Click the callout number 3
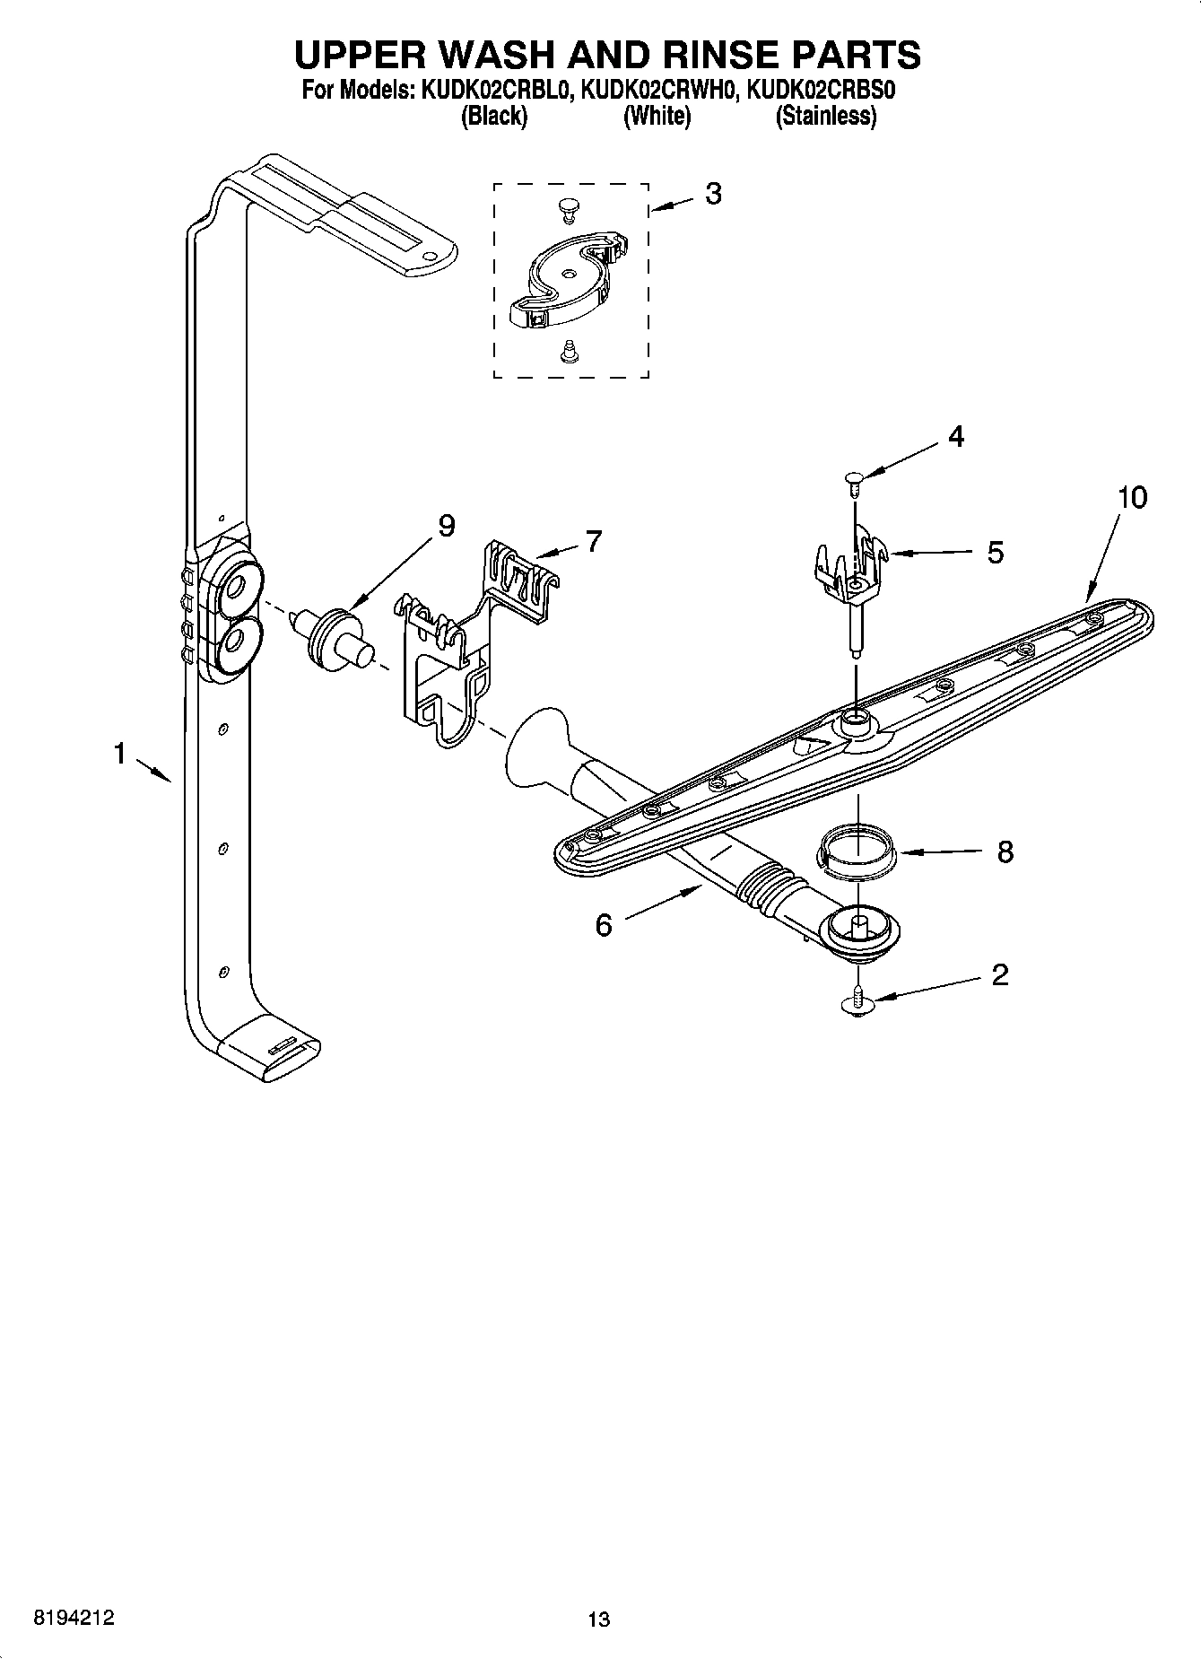coord(712,194)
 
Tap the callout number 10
coord(1132,496)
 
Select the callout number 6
coord(604,924)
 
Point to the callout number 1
coord(119,755)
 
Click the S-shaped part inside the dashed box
coord(568,277)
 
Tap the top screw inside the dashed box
coord(567,208)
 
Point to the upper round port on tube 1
coord(236,587)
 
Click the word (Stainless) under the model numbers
coord(825,116)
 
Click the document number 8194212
coord(74,1619)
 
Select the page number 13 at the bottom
coord(599,1620)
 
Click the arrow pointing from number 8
coord(938,851)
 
